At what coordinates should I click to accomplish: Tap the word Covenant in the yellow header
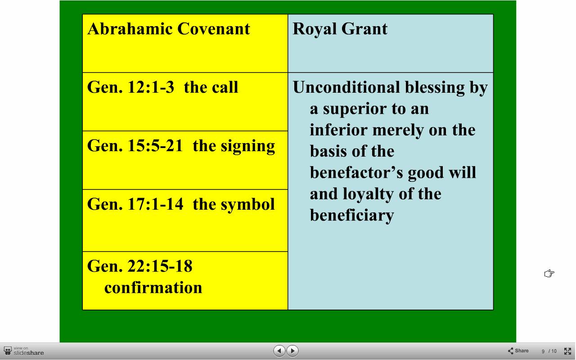[x=214, y=28]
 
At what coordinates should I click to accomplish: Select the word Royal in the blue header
[x=314, y=29]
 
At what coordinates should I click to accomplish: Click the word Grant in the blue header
[x=364, y=28]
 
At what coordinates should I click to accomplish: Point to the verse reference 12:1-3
[x=151, y=87]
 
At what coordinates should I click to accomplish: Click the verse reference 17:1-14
[x=155, y=204]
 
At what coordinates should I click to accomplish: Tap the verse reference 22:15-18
[x=160, y=266]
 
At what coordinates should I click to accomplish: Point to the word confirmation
[x=153, y=287]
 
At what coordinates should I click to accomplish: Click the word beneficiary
[x=352, y=216]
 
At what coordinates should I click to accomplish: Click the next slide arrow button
[x=292, y=351]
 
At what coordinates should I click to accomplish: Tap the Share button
[x=518, y=351]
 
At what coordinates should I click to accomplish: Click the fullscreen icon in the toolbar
[x=567, y=351]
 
